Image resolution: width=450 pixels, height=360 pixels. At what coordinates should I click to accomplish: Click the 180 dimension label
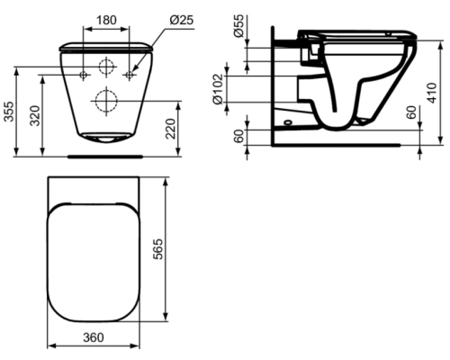[x=107, y=19]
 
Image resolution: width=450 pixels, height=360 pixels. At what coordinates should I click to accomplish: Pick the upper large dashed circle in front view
[x=107, y=67]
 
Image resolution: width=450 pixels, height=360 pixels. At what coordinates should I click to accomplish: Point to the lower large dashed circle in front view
[x=107, y=99]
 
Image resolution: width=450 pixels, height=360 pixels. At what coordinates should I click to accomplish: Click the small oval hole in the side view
[x=286, y=118]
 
